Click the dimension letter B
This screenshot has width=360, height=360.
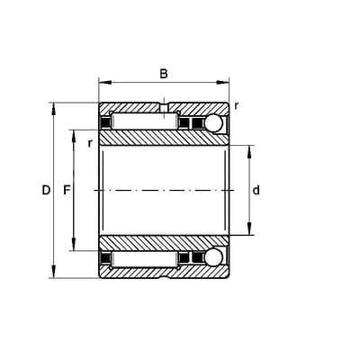click(x=164, y=74)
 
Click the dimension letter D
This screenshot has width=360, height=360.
click(x=46, y=190)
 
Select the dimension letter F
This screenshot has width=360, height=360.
click(x=67, y=190)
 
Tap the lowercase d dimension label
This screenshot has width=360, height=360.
click(x=256, y=190)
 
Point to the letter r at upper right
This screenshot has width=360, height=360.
click(x=237, y=106)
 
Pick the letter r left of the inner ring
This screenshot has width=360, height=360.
click(x=90, y=143)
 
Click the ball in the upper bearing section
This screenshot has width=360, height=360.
click(x=213, y=123)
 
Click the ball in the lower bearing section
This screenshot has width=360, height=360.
click(x=213, y=257)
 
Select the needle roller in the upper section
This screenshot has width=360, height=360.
click(x=144, y=121)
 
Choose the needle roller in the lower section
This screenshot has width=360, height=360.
click(x=144, y=259)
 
